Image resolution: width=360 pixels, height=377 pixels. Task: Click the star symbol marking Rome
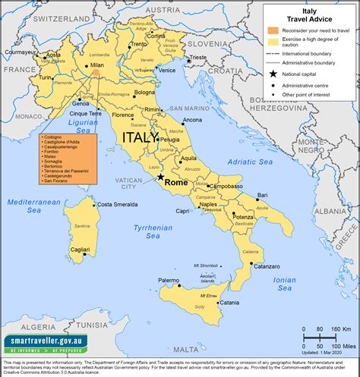click(161, 178)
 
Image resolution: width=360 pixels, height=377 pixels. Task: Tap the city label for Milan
click(96, 66)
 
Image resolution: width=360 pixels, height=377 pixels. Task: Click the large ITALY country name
click(140, 138)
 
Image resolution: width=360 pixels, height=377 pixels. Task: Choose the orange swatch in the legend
click(273, 30)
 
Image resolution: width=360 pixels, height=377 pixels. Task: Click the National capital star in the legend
click(273, 74)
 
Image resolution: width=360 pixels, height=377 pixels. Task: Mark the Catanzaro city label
click(269, 265)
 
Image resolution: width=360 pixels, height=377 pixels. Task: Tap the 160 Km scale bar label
click(339, 328)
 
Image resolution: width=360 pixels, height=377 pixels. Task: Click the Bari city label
click(262, 195)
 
